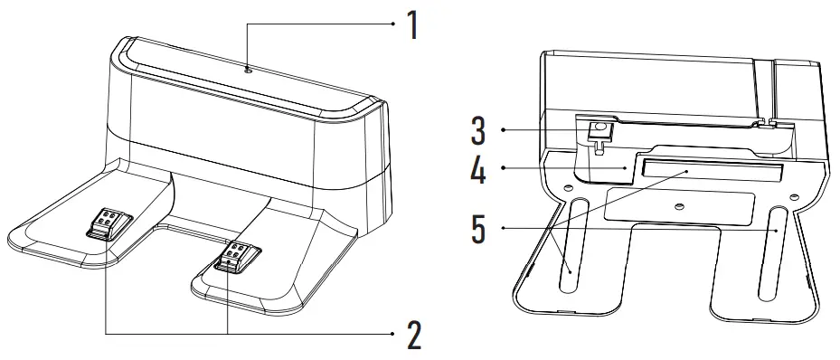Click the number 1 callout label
[412, 25]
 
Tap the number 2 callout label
[413, 335]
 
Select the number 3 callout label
[478, 130]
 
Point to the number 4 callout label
[478, 169]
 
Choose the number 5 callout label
[478, 229]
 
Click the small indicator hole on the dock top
[247, 69]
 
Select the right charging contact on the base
[237, 255]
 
